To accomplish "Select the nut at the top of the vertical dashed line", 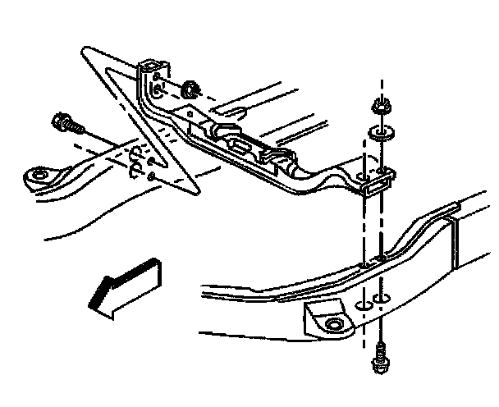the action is click(380, 106).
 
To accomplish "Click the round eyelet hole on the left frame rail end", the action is click(38, 176).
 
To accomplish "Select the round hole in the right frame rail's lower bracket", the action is click(332, 326).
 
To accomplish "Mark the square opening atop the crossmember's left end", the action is click(150, 65).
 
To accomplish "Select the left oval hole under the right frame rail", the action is click(362, 305).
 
